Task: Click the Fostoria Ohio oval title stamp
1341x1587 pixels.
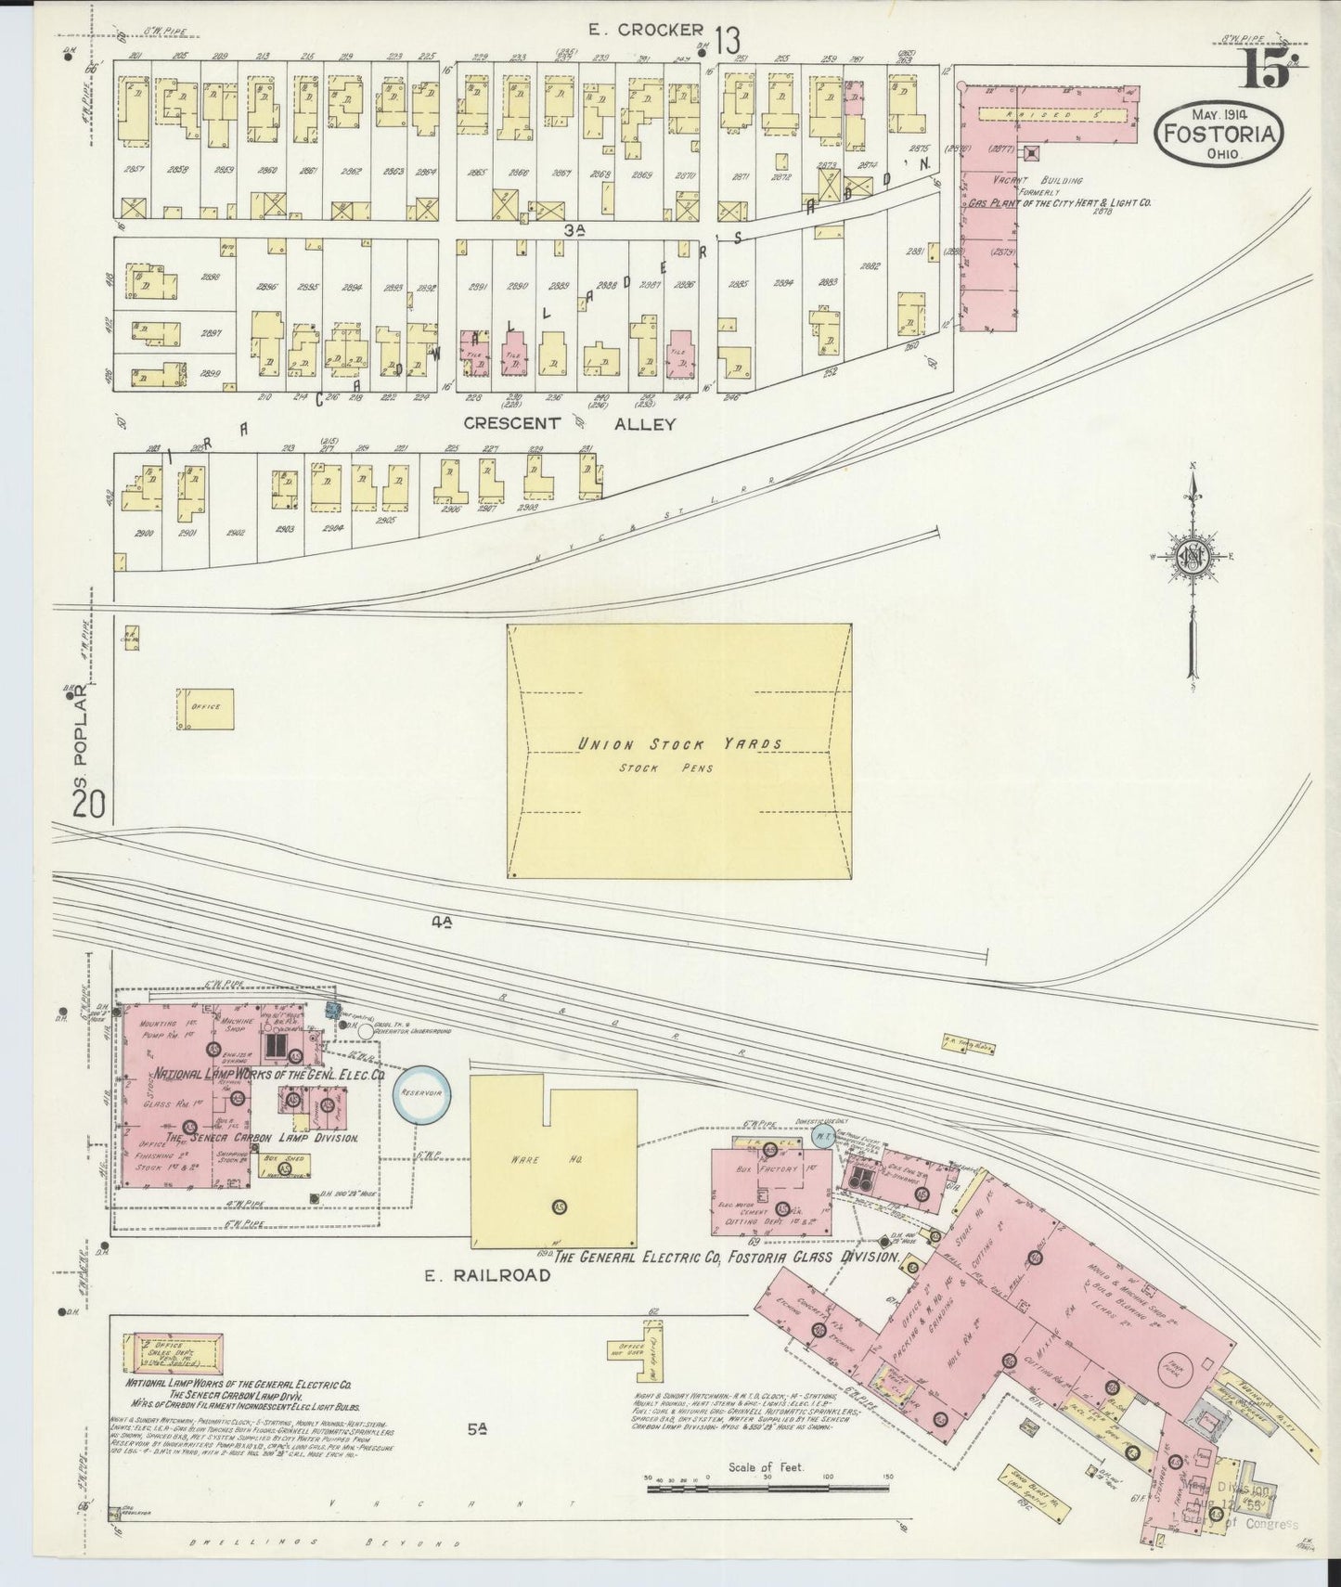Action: click(1219, 134)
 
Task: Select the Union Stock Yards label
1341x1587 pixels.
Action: click(680, 743)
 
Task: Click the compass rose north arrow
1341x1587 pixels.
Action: click(1193, 557)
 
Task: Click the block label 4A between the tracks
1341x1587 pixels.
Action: click(442, 921)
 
